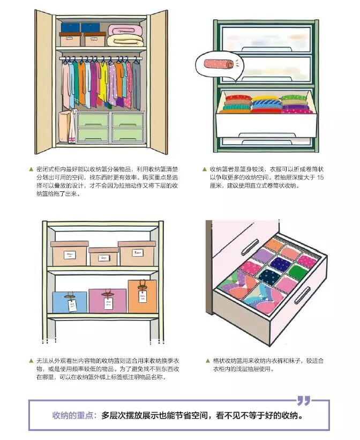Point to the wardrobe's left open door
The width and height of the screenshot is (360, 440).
click(45, 80)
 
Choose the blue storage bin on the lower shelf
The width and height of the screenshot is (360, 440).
click(70, 302)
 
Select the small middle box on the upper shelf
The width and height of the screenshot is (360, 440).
click(103, 257)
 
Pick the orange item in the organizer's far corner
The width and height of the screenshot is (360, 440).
click(274, 244)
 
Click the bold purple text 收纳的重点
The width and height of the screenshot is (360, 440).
click(73, 415)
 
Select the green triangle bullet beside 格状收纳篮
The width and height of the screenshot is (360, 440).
click(208, 360)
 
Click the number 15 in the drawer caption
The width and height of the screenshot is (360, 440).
click(320, 177)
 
